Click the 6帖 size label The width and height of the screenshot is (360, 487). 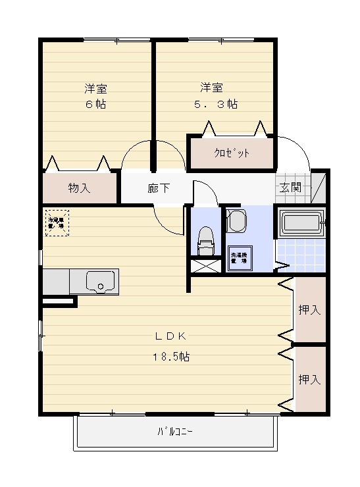[95, 105]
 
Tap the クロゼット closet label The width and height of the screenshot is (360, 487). [231, 153]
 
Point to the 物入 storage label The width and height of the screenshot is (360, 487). [79, 188]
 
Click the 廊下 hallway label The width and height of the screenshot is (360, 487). [159, 188]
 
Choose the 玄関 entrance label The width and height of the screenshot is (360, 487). [291, 188]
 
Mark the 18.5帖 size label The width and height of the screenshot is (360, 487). [172, 357]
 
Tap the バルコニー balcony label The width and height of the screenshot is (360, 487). [175, 432]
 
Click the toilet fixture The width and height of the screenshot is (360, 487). [206, 241]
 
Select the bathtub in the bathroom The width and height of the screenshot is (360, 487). [300, 224]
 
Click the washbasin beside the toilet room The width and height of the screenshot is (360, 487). [236, 220]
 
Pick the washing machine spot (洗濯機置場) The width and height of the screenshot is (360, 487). [240, 258]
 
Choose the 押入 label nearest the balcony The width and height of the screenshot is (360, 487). [309, 380]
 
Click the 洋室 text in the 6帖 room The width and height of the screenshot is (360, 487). [95, 88]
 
